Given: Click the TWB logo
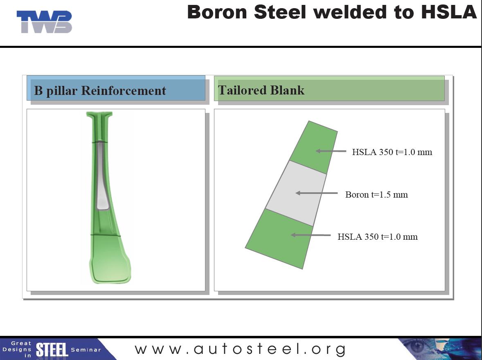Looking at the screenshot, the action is tap(44, 22).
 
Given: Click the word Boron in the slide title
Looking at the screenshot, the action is tap(217, 12).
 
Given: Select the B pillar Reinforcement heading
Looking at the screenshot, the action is tap(100, 90).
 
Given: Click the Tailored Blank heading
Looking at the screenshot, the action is tap(261, 90).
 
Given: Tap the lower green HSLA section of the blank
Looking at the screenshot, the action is tap(280, 237).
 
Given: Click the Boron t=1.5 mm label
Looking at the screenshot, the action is tap(376, 194).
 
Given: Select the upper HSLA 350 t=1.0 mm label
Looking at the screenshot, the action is tap(392, 152).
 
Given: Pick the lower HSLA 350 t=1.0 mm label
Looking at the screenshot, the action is tap(377, 236).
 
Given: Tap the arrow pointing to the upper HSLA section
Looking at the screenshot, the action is tap(331, 151).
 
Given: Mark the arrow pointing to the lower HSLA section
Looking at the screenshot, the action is tap(310, 235).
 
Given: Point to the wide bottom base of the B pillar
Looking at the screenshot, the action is tap(110, 266).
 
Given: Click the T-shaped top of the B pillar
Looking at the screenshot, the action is tap(99, 115).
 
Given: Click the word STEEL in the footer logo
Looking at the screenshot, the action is tap(52, 350).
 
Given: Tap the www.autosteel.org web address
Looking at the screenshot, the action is tap(240, 349).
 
